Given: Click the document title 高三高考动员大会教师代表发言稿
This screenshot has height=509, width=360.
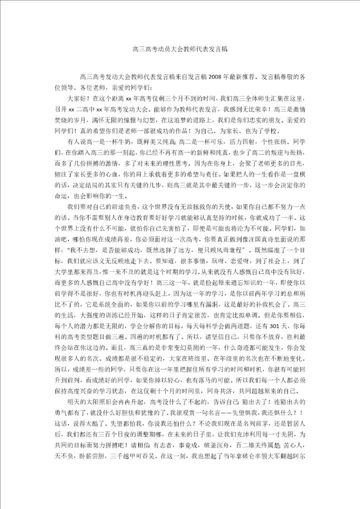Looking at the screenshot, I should click(180, 49).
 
